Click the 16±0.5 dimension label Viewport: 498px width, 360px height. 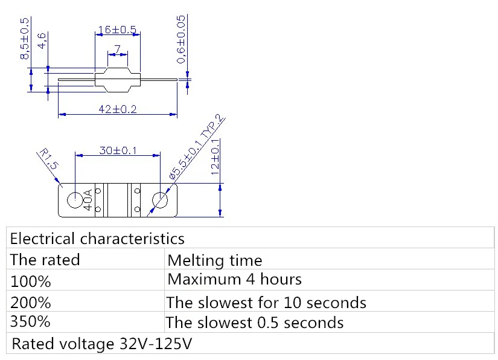(x=117, y=30)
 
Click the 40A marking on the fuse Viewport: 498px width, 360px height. (x=89, y=200)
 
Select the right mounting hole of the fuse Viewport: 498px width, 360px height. (x=161, y=201)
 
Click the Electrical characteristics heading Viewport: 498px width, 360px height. (x=97, y=238)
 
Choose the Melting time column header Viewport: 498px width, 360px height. (x=214, y=260)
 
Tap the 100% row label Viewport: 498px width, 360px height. (x=31, y=281)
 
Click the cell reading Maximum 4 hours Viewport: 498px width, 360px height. (x=234, y=280)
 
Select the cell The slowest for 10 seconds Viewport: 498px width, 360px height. (x=266, y=301)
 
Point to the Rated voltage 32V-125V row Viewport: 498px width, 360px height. (x=103, y=344)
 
